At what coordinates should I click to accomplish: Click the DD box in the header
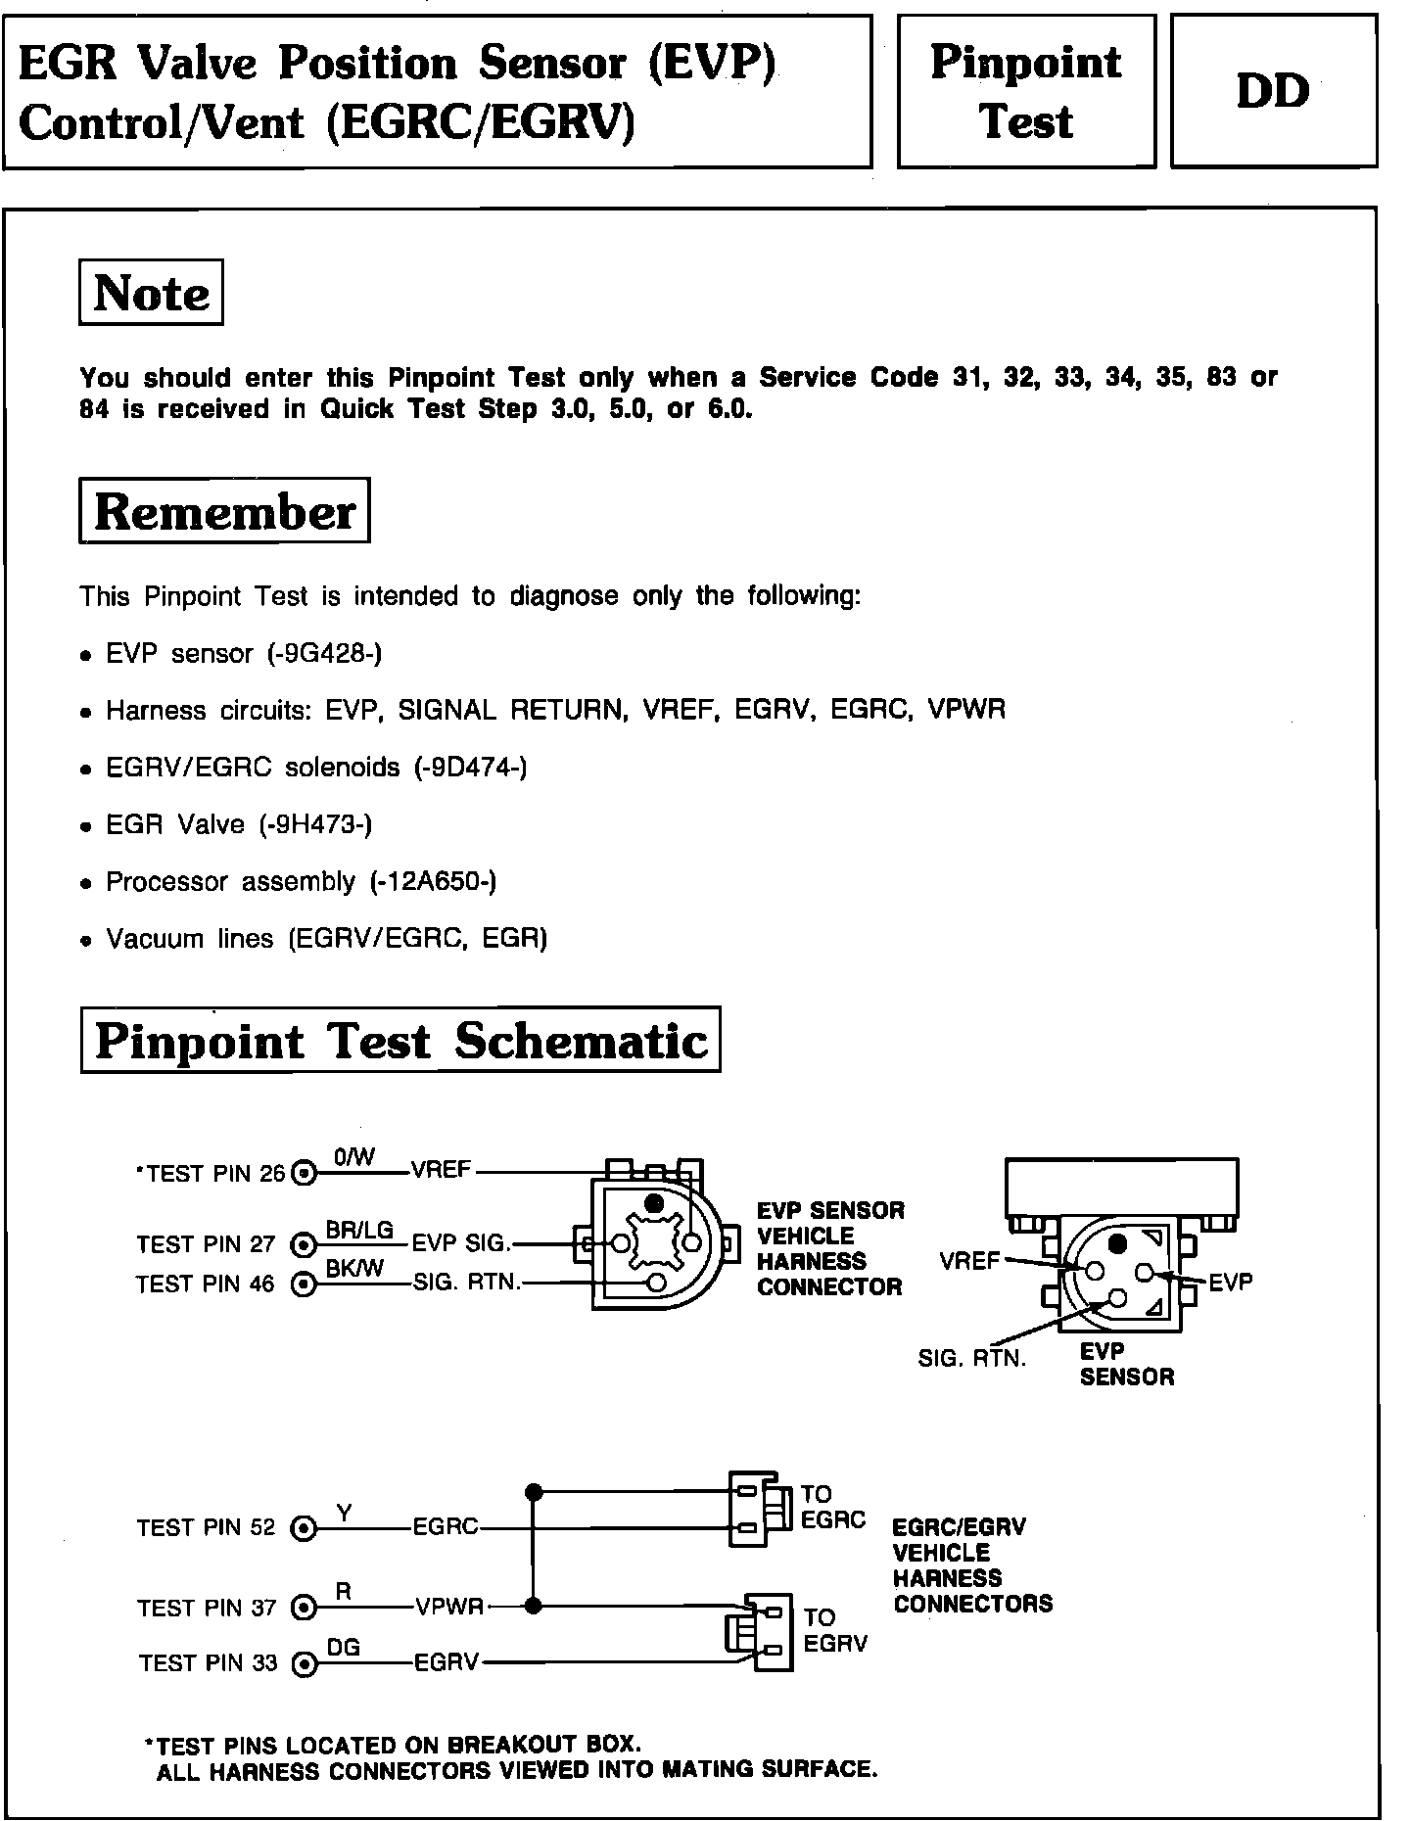tap(1273, 92)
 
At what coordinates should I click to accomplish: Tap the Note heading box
tap(151, 292)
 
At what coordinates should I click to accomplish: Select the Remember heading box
tap(224, 511)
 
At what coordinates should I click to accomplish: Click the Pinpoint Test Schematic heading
tap(400, 1040)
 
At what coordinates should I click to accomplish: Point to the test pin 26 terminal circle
tap(305, 1172)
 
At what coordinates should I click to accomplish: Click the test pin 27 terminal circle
tap(305, 1244)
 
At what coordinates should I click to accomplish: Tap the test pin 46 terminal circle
tap(305, 1284)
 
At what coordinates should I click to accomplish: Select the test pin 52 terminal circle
tap(305, 1528)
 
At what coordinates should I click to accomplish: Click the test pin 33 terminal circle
tap(305, 1663)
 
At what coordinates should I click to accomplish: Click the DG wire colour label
tap(344, 1648)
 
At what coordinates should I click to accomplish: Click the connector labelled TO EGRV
tap(759, 1630)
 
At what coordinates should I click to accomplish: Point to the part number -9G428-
tap(325, 653)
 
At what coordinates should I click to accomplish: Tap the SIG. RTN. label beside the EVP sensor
tap(971, 1359)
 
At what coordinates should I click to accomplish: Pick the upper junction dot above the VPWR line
tap(534, 1492)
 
